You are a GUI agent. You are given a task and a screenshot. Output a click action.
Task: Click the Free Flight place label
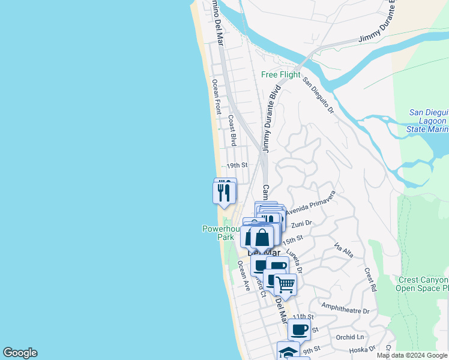coord(281,75)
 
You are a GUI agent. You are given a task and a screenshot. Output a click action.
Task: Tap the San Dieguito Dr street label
coord(318,95)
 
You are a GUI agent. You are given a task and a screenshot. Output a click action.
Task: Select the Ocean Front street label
coord(217,97)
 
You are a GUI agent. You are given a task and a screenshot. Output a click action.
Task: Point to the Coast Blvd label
coord(232,131)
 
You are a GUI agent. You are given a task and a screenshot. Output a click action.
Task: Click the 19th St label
coord(237,166)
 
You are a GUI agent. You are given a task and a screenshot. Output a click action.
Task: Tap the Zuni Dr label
coord(302,224)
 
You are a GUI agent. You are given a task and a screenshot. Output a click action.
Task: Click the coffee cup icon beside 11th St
coord(299,329)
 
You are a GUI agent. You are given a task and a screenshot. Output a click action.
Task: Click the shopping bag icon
coord(262,237)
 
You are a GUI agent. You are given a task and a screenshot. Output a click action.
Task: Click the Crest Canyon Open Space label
coord(423,284)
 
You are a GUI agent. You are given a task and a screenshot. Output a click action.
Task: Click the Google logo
coord(20,353)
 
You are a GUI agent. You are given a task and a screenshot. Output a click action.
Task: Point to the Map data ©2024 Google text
coord(412,355)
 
